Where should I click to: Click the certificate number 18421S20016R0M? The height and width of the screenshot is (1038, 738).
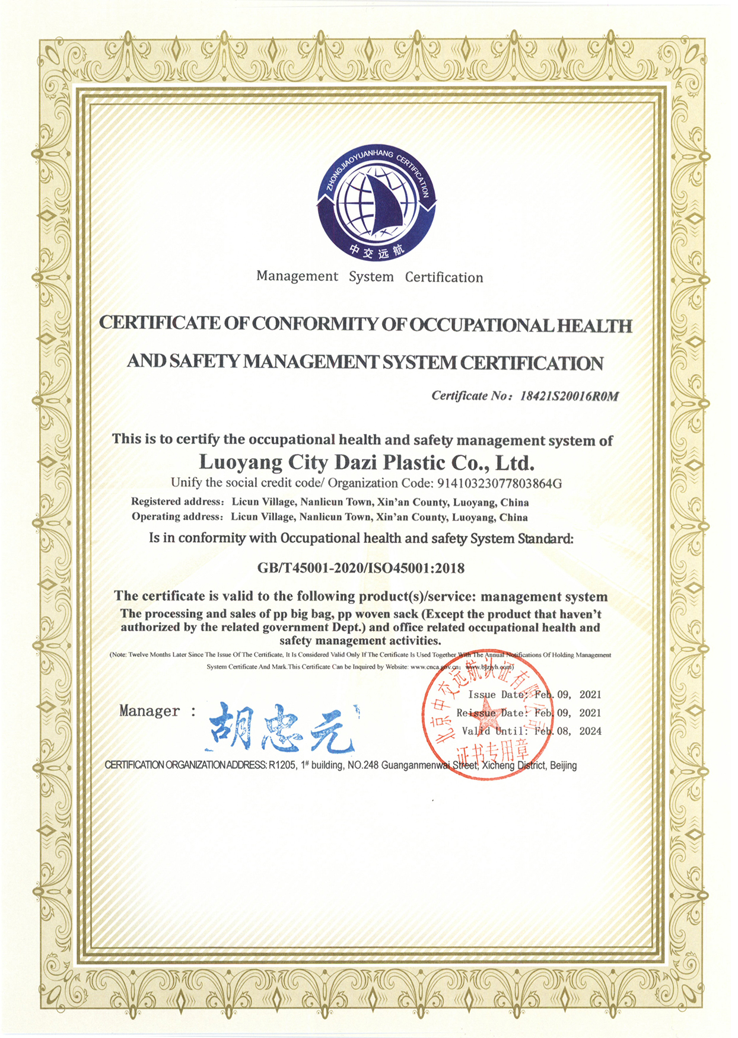click(569, 397)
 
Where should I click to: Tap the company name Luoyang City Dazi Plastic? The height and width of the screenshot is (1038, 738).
click(367, 462)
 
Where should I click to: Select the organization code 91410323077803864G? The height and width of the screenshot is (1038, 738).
click(500, 483)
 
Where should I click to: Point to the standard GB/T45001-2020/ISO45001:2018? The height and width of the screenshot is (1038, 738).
click(361, 568)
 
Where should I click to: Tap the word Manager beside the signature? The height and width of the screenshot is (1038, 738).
click(149, 711)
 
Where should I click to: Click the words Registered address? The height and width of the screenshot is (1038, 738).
click(177, 502)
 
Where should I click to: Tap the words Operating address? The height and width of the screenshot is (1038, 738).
click(176, 516)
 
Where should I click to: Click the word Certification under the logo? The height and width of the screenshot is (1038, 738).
click(444, 277)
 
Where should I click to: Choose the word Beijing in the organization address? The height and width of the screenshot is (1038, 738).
click(563, 765)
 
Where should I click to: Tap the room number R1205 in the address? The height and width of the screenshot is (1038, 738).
click(282, 765)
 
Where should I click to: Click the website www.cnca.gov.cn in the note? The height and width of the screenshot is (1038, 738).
click(435, 667)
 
